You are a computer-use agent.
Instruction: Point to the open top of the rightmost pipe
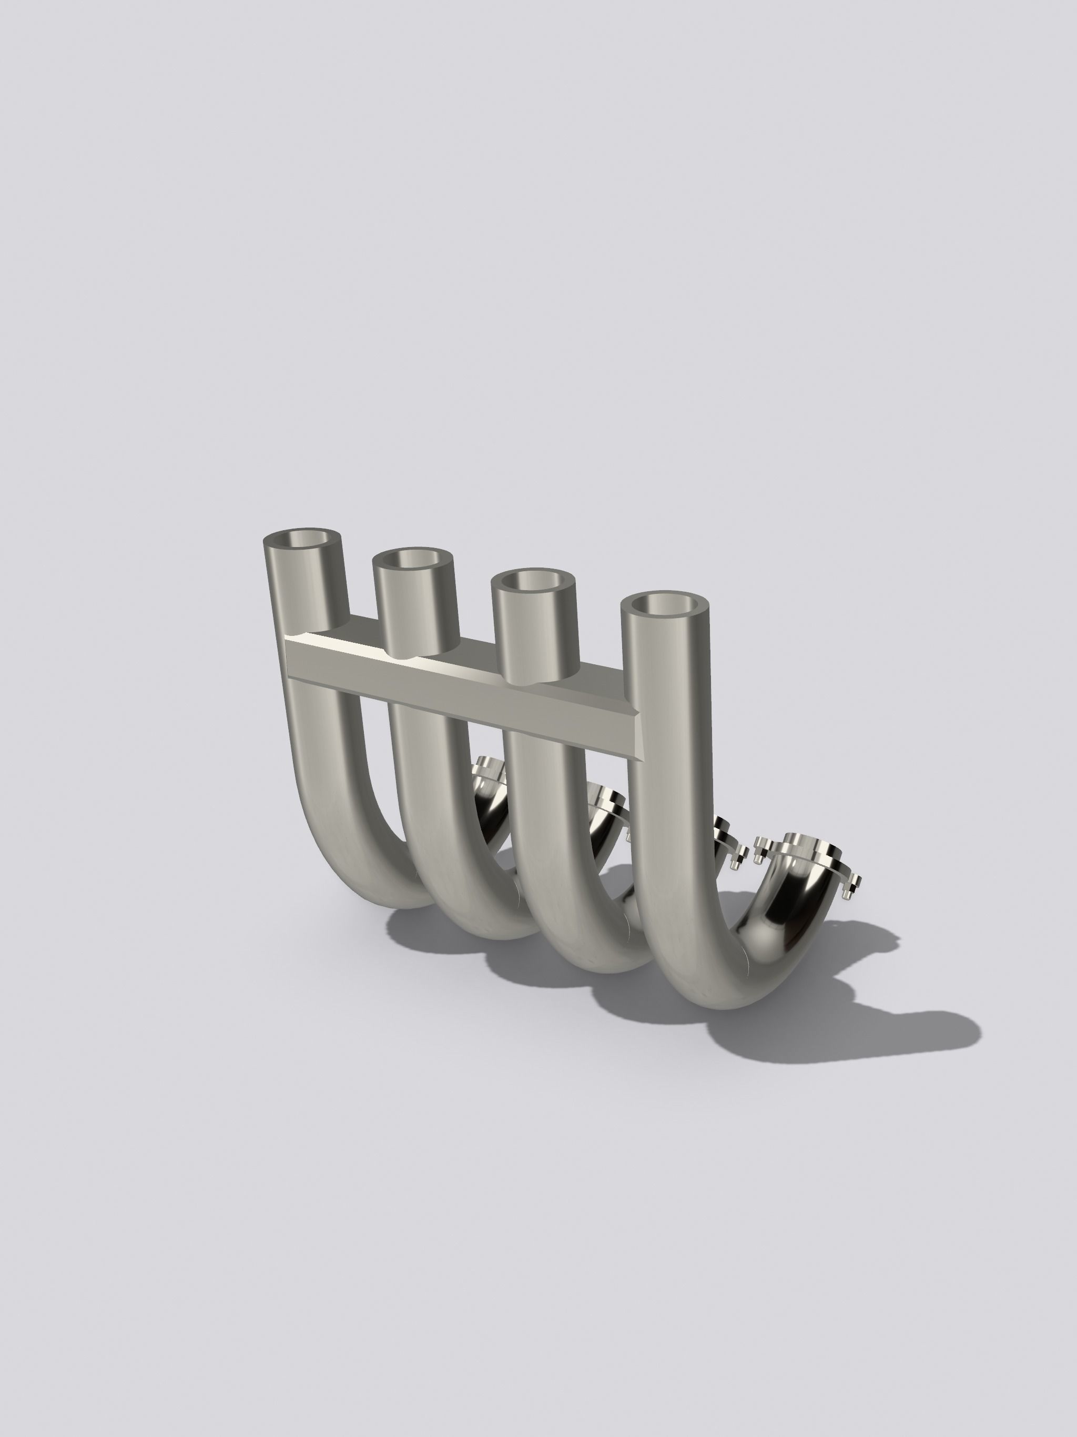click(665, 604)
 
